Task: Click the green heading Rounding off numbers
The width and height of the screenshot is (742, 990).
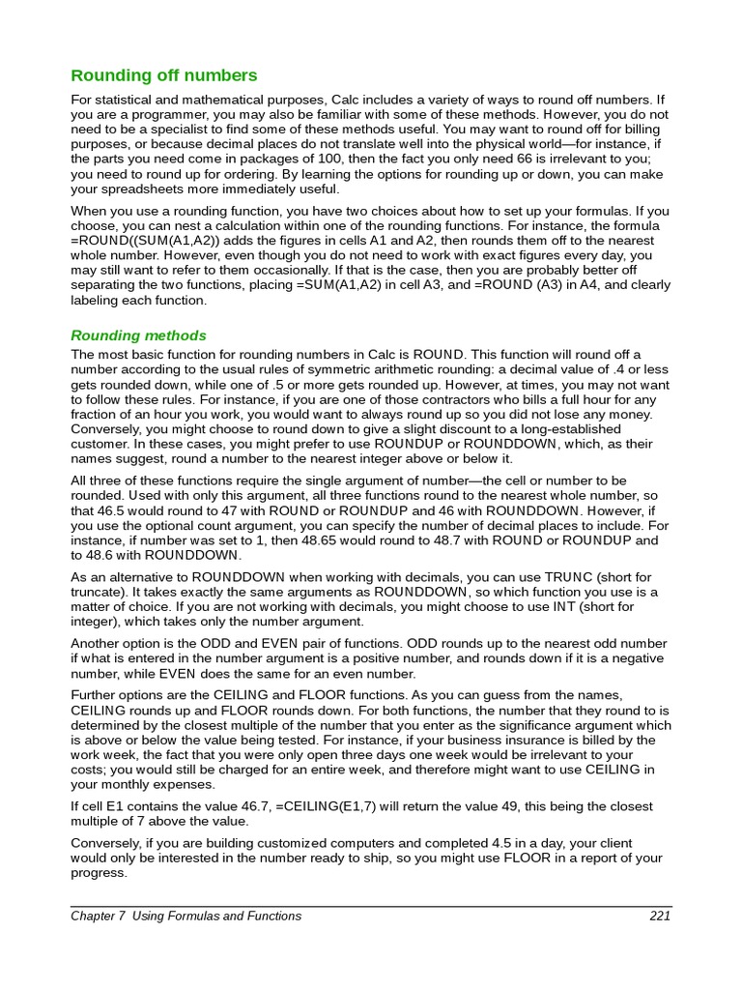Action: (164, 75)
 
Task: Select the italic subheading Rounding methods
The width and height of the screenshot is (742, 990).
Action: (139, 335)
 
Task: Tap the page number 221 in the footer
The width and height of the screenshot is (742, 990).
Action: (660, 917)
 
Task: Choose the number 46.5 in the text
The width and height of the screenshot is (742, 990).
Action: (112, 510)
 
